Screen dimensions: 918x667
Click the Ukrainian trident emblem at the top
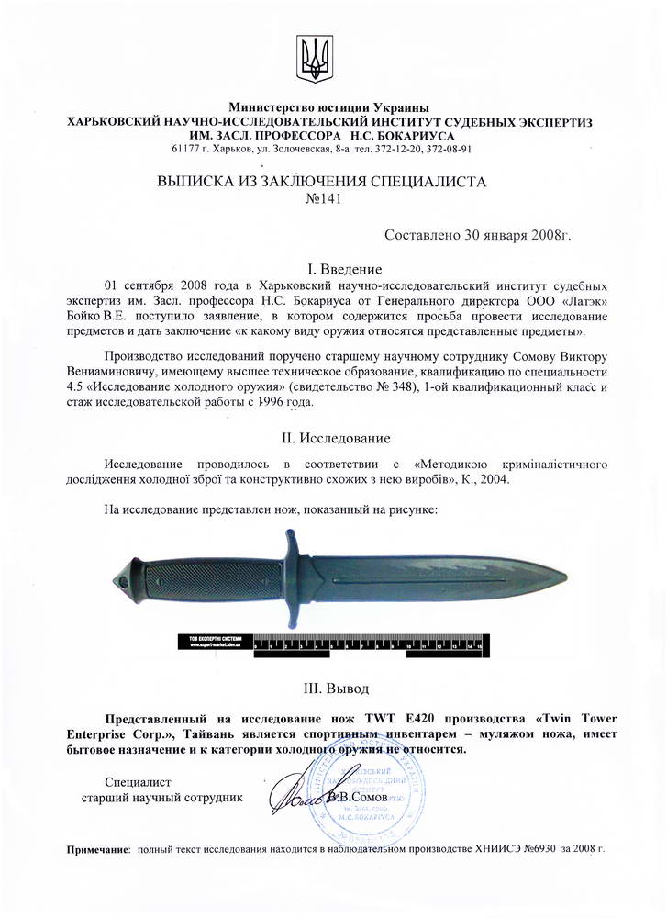(x=314, y=58)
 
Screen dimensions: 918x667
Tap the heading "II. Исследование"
(x=332, y=437)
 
